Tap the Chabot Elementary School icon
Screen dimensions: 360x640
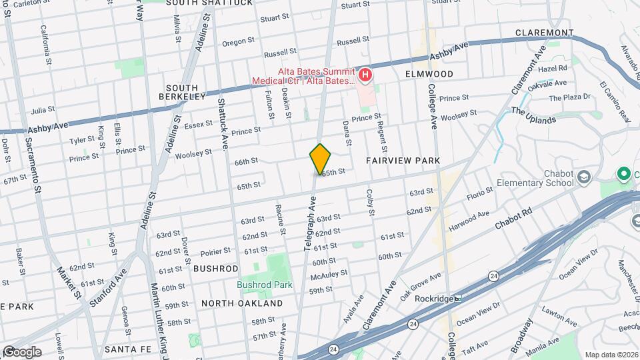(584, 177)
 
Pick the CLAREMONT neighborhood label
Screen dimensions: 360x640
(544, 33)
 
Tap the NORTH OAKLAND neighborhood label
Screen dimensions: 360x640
(242, 303)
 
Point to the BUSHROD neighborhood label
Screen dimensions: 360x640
(215, 269)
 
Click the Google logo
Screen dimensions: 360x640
(21, 352)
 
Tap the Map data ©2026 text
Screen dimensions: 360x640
(611, 355)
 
